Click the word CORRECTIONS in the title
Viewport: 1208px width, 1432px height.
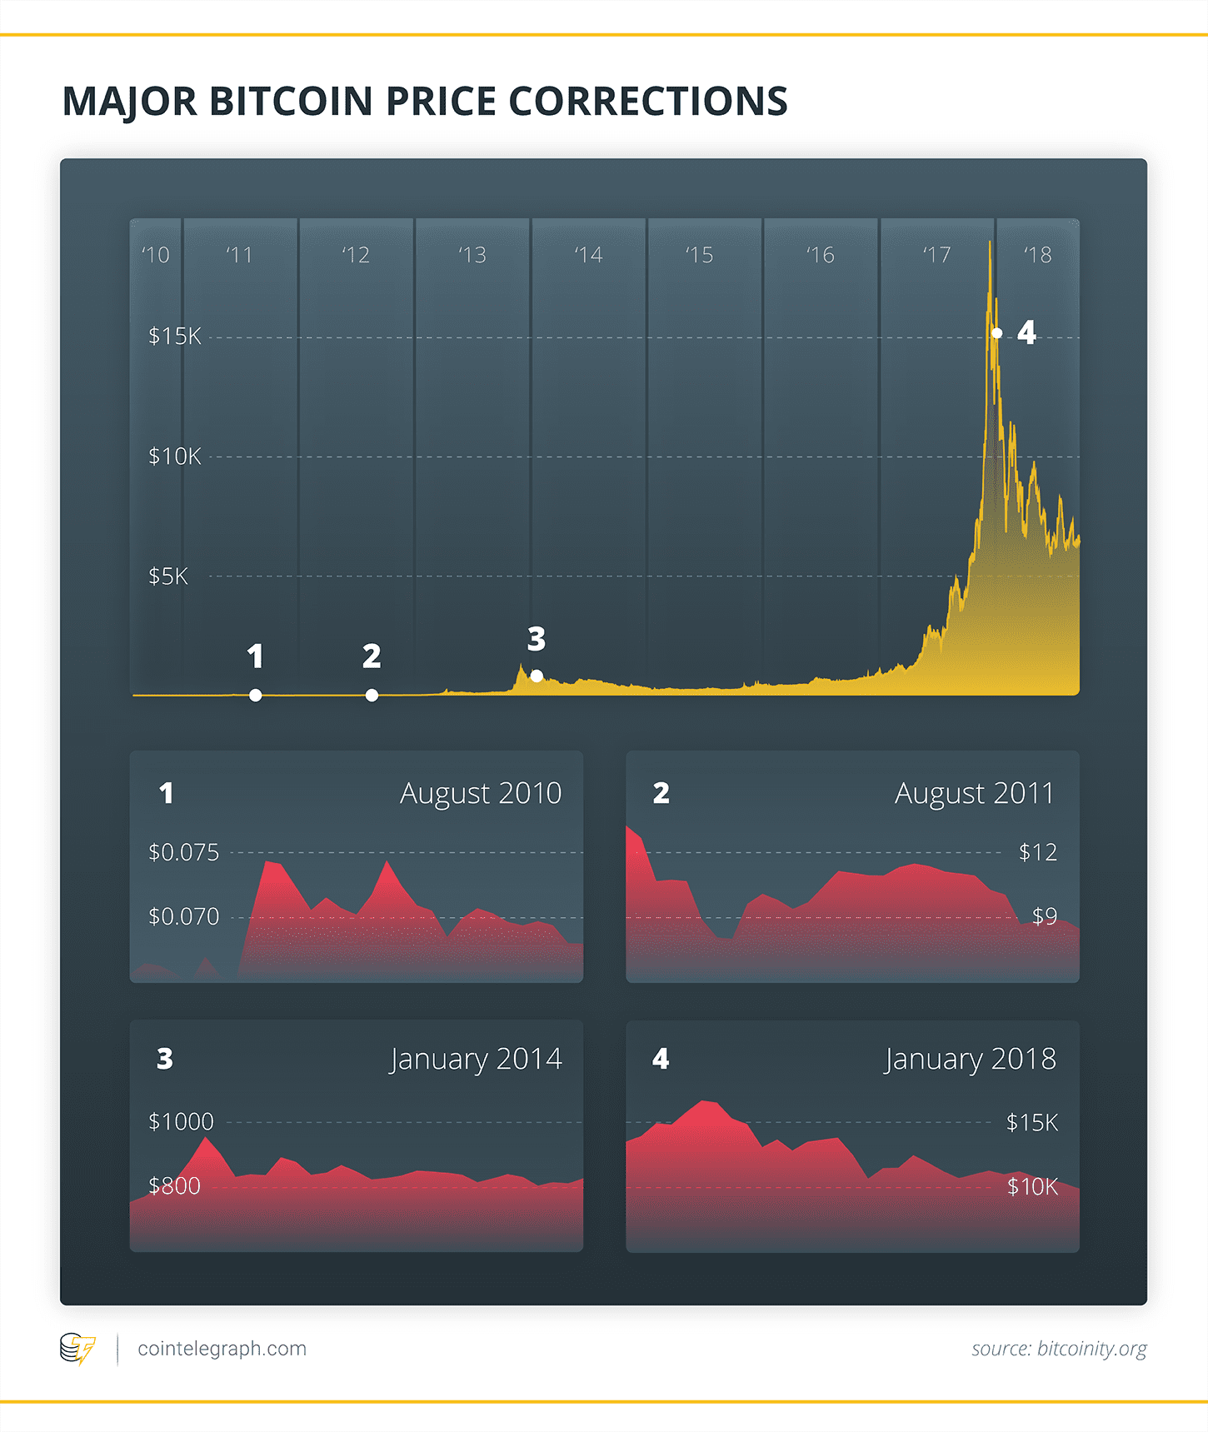pos(647,102)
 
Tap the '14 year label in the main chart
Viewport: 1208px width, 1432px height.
pos(588,255)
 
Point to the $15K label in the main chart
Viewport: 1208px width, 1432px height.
pos(174,337)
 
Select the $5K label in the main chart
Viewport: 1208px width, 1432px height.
pos(167,576)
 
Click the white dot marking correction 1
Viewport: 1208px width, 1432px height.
pos(256,695)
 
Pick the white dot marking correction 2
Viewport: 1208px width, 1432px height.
pos(372,695)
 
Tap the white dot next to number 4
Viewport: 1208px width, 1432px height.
pos(996,333)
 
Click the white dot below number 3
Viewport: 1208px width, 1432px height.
pos(537,676)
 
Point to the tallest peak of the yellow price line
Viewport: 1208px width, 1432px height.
pos(990,243)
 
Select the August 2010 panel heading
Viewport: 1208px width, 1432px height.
pos(480,793)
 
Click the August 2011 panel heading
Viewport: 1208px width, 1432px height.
pos(974,793)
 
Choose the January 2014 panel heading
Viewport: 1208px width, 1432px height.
pos(476,1059)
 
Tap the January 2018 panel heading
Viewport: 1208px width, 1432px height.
pos(970,1059)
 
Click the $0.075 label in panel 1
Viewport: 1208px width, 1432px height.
pos(183,852)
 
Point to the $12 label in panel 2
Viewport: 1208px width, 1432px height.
pos(1037,852)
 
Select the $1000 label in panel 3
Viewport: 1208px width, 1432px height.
pos(181,1121)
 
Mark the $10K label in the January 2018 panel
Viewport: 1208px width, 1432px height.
pos(1032,1186)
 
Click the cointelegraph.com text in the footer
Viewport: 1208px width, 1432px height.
pos(222,1348)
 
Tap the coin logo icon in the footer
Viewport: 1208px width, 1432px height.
pos(77,1348)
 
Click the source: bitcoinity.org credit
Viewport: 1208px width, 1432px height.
pos(1059,1348)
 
